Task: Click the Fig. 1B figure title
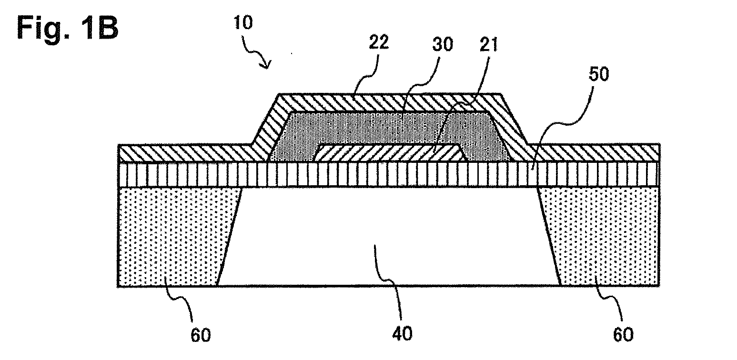point(68,29)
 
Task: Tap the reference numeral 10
point(243,23)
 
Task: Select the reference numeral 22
point(379,42)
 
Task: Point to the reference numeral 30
point(443,44)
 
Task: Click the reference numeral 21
point(489,45)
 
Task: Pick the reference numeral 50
point(599,74)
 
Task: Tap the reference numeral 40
point(402,334)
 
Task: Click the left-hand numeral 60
point(201,335)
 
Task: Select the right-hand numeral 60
point(623,335)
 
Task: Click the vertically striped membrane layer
point(389,175)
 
